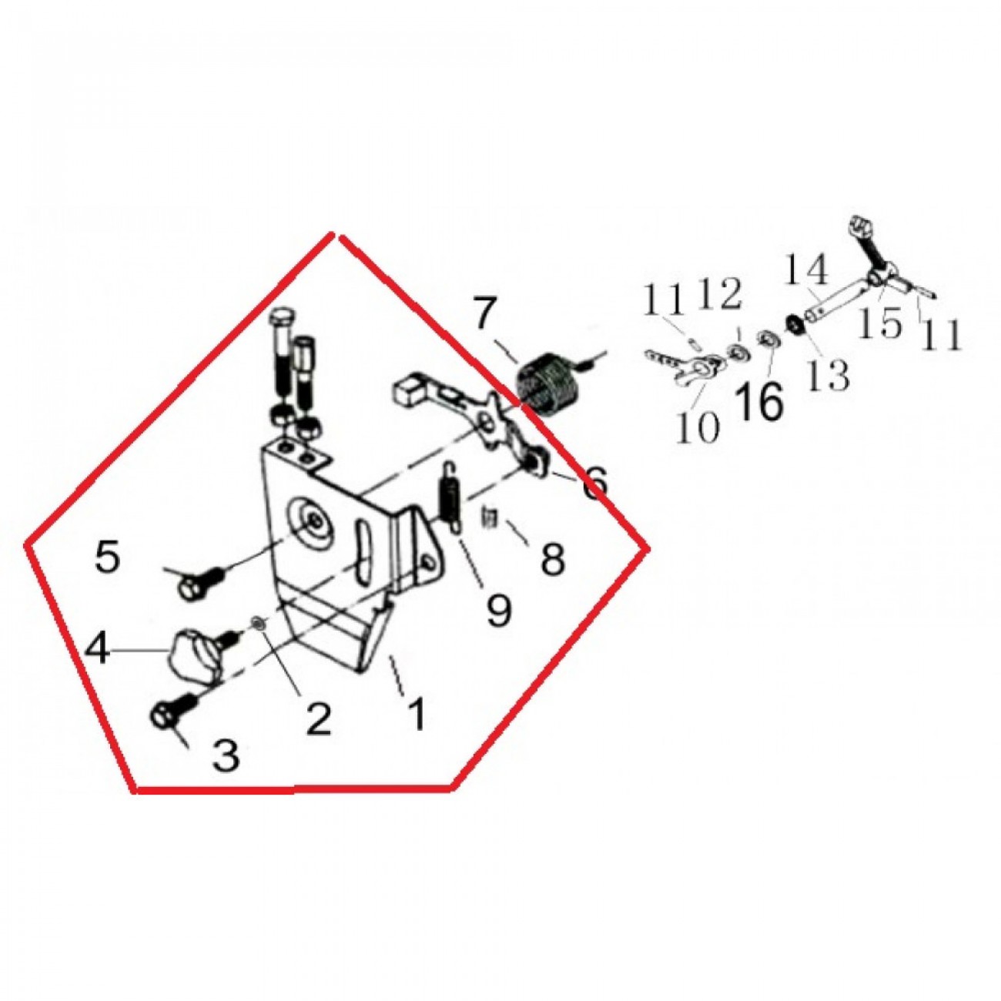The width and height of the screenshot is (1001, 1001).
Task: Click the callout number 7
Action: (482, 313)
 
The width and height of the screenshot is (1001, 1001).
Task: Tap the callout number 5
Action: (108, 559)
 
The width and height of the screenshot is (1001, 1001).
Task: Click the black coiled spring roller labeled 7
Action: (544, 379)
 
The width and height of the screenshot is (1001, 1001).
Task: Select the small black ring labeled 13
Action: (794, 325)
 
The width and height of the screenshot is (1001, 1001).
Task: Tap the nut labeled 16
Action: (766, 340)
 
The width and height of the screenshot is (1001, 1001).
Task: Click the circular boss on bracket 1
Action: (313, 525)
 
